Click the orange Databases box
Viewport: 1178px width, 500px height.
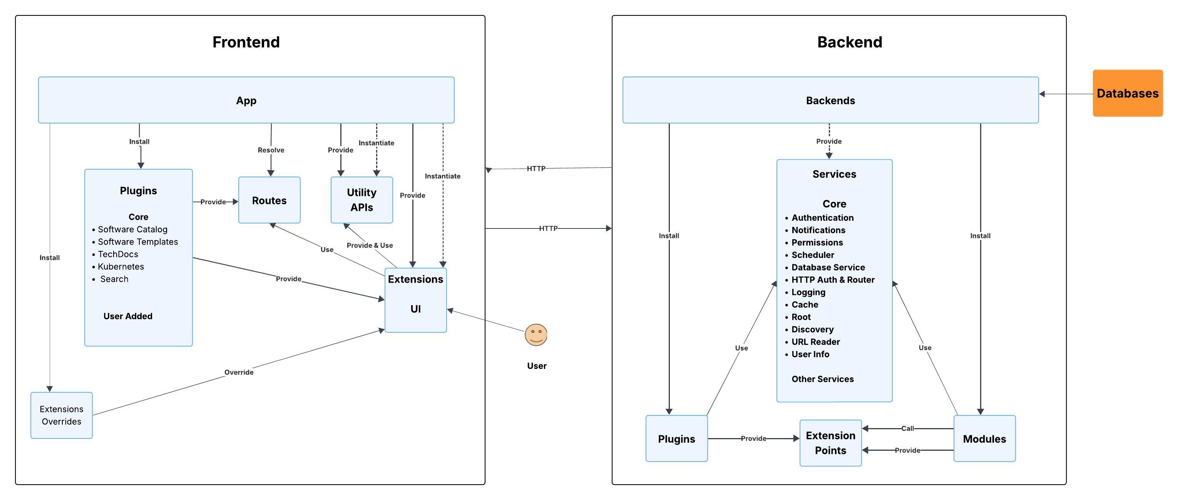[x=1127, y=93]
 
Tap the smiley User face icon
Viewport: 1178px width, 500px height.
[x=535, y=335]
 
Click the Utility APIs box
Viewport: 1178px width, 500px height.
[x=361, y=200]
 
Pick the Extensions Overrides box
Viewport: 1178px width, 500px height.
[x=61, y=415]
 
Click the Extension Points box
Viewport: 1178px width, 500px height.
[x=830, y=442]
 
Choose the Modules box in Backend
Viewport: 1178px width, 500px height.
[x=984, y=439]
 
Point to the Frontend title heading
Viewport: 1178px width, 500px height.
[x=246, y=42]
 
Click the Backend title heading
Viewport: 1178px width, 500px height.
[x=849, y=42]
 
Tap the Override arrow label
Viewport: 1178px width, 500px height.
[x=239, y=372]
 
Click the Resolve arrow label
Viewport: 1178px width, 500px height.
[x=271, y=150]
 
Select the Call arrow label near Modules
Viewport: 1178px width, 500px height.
[x=907, y=428]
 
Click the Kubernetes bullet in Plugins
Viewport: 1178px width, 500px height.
[x=121, y=267]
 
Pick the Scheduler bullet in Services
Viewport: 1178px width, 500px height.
[x=812, y=255]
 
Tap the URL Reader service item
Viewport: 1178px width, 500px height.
[x=815, y=342]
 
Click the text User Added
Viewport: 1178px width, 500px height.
[x=127, y=316]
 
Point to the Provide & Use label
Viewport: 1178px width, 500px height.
[x=370, y=245]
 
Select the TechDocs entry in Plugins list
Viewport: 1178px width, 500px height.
[x=117, y=254]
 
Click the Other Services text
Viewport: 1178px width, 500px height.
[x=822, y=379]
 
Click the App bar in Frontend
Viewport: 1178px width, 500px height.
[x=246, y=100]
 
